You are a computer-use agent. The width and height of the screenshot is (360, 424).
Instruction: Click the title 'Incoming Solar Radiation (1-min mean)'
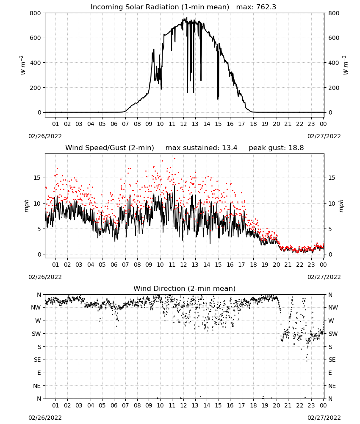(x=160, y=7)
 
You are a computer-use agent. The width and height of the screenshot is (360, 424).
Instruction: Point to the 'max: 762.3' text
(x=256, y=7)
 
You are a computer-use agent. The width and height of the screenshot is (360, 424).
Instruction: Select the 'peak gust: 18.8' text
(x=276, y=148)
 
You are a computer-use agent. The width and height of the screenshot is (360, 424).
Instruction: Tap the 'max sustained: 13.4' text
(x=201, y=148)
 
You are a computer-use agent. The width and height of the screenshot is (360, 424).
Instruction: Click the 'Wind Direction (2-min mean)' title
(x=185, y=288)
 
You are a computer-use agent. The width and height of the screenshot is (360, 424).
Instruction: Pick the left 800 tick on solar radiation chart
(x=36, y=13)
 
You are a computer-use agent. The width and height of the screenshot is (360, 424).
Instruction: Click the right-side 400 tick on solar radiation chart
(x=334, y=63)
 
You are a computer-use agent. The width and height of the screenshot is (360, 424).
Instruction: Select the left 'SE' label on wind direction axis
(x=37, y=360)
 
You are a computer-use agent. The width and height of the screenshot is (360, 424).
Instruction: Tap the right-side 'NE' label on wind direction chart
(x=332, y=386)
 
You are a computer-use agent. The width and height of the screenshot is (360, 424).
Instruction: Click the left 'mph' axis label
(x=26, y=206)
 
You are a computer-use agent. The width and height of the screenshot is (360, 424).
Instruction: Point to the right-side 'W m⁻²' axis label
(x=346, y=65)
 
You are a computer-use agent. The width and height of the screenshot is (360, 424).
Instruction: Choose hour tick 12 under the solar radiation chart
(x=183, y=124)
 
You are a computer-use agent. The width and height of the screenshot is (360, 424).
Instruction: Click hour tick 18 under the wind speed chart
(x=253, y=265)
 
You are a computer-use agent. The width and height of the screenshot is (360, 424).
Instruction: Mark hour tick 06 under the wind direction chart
(x=114, y=405)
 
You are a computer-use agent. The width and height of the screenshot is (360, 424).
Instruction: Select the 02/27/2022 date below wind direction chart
(x=324, y=418)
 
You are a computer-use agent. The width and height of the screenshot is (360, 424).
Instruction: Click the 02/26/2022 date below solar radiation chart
(x=45, y=136)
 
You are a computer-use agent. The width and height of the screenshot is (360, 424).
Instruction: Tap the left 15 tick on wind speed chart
(x=37, y=178)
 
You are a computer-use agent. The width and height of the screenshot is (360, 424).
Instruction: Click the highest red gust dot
(x=175, y=158)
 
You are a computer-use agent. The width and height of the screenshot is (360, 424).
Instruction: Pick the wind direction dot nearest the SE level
(x=307, y=361)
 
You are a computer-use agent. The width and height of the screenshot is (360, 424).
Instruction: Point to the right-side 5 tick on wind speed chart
(x=330, y=229)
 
